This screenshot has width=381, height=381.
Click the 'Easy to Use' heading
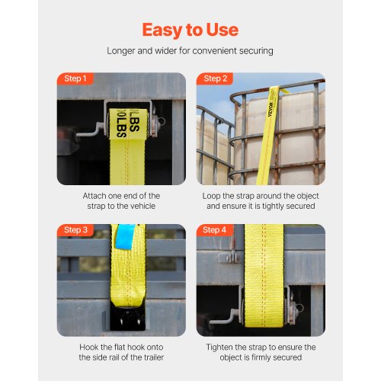pyautogui.click(x=190, y=30)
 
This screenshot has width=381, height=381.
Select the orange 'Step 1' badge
pyautogui.click(x=75, y=78)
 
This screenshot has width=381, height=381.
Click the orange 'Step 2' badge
pyautogui.click(x=215, y=78)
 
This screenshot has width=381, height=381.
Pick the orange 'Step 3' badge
pyautogui.click(x=75, y=230)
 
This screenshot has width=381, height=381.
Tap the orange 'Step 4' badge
pyautogui.click(x=215, y=230)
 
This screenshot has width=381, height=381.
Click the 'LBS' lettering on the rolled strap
pyautogui.click(x=128, y=123)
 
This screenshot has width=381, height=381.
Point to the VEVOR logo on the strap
pyautogui.click(x=271, y=109)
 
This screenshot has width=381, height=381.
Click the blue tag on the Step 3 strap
pyautogui.click(x=125, y=237)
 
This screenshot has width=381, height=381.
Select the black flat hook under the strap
pyautogui.click(x=127, y=319)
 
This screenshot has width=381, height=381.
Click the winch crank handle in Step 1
pyautogui.click(x=90, y=130)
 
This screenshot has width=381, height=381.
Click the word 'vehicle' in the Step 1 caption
pyautogui.click(x=142, y=206)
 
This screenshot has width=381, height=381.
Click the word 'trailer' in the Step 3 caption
pyautogui.click(x=154, y=357)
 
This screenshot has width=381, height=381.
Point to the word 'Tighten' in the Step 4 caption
pyautogui.click(x=219, y=347)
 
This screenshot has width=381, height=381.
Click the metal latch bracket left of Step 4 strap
pyautogui.click(x=229, y=258)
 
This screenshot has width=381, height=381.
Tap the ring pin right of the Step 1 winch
pyautogui.click(x=160, y=121)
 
